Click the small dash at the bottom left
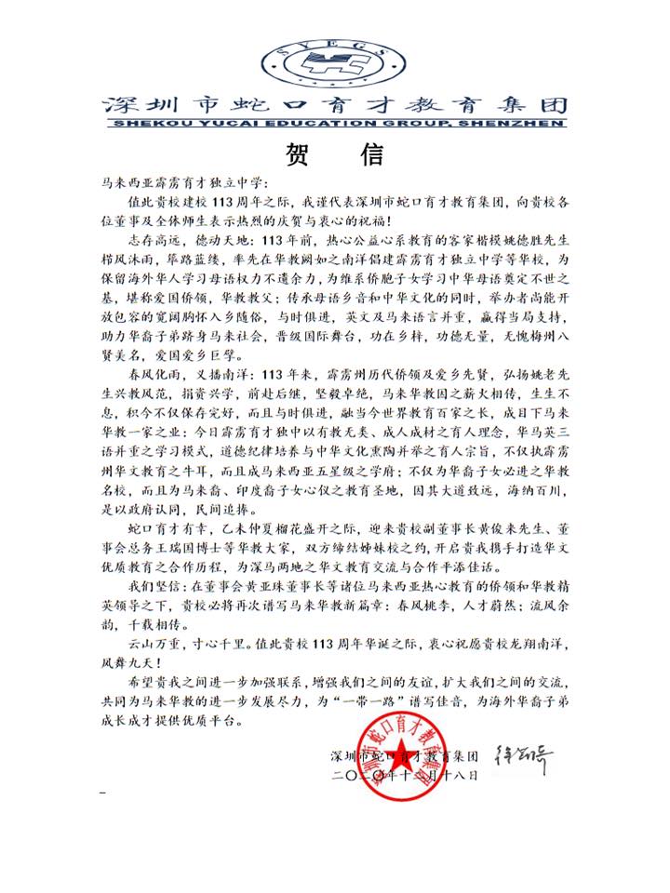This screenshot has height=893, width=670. point(102,793)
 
